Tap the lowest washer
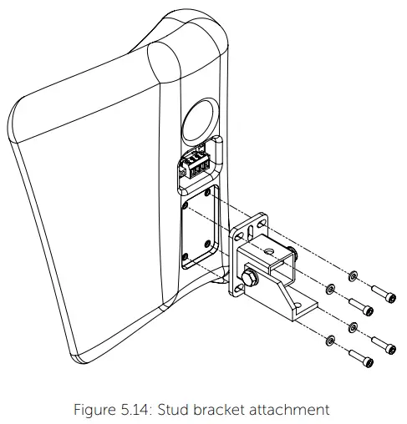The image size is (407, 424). pyautogui.click(x=332, y=340)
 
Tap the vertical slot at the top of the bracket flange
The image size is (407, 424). pyautogui.click(x=253, y=226)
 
